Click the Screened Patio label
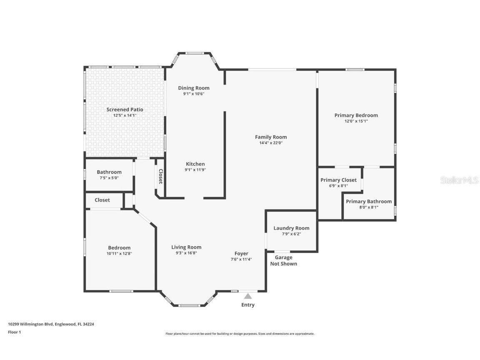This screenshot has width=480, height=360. click(x=125, y=110)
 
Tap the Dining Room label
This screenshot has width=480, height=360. click(x=194, y=88)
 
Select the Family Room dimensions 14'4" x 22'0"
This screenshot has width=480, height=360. click(x=271, y=143)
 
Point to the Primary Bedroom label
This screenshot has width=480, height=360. click(x=356, y=115)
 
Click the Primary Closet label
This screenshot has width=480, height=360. click(x=338, y=180)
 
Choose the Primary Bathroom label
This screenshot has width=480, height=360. click(x=369, y=201)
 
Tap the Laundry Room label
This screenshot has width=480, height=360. click(x=291, y=228)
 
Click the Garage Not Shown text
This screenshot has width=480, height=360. click(x=283, y=260)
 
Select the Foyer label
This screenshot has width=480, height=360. click(x=241, y=253)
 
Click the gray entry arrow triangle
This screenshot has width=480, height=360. click(x=248, y=296)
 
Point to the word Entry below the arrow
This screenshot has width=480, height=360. click(x=248, y=305)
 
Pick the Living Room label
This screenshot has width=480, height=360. click(x=186, y=247)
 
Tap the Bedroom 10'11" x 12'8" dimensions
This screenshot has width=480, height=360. click(x=120, y=253)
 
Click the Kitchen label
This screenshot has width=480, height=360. click(x=195, y=164)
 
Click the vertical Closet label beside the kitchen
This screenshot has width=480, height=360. click(x=160, y=176)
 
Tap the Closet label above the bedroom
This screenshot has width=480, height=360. click(x=102, y=200)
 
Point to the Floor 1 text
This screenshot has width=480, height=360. click(x=14, y=332)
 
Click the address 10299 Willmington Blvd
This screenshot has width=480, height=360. click(x=31, y=324)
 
